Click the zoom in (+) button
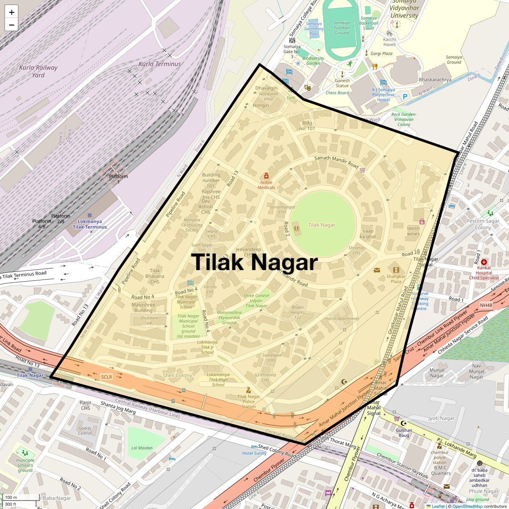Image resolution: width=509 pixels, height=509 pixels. click(11, 12)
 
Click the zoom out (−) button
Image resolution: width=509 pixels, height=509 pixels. click(11, 25)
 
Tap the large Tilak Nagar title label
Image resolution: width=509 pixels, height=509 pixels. click(254, 262)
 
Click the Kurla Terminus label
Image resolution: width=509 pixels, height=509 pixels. click(159, 64)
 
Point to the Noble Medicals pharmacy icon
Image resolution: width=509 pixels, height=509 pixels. click(266, 176)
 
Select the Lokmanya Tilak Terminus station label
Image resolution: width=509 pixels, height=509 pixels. click(89, 224)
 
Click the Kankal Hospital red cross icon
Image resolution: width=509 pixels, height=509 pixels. click(484, 262)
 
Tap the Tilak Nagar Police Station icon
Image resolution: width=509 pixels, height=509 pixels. click(249, 390)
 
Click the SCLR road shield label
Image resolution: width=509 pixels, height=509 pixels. click(106, 377)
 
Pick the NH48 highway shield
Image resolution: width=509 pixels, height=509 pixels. click(486, 305)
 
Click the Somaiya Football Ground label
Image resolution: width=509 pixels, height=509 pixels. click(341, 28)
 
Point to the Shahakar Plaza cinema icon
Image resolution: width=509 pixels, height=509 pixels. click(396, 270)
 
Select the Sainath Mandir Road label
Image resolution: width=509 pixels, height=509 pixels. click(336, 161)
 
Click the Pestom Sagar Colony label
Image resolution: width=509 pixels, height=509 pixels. click(483, 224)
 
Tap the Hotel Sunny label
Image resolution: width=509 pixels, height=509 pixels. click(255, 453)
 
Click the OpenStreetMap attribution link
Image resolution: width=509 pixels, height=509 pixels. click(467, 506)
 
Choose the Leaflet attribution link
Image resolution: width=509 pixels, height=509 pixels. click(438, 506)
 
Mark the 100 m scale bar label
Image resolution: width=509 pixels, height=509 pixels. click(11, 498)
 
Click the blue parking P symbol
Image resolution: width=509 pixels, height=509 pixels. click(405, 97)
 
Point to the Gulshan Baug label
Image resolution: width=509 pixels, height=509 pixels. click(404, 433)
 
